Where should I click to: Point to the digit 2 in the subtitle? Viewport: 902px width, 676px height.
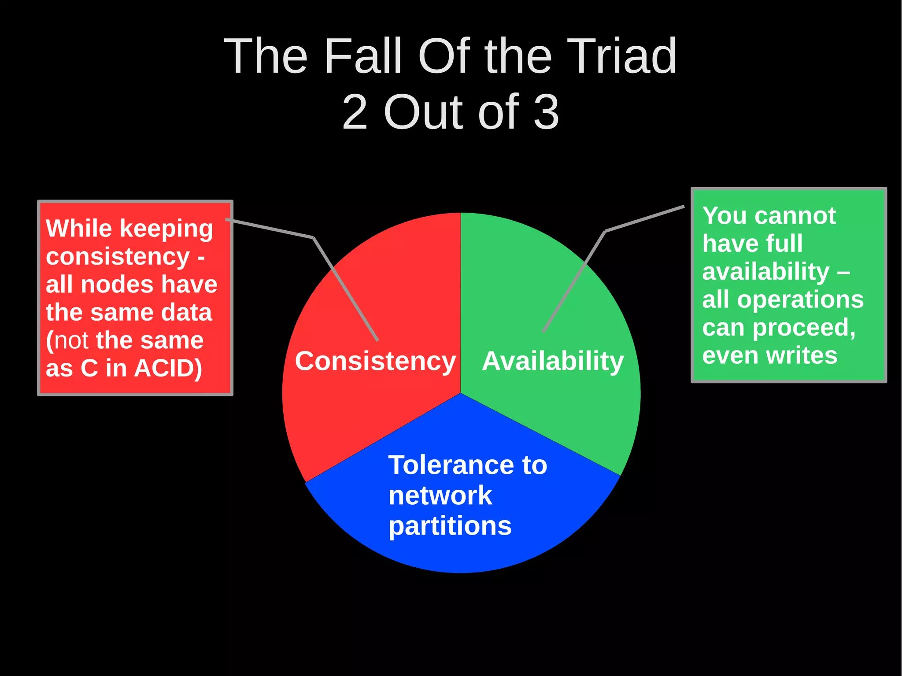point(355,113)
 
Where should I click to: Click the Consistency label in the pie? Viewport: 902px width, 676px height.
point(375,361)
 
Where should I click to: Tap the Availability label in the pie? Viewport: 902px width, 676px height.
point(553,361)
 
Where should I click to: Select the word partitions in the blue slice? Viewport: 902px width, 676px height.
point(450,526)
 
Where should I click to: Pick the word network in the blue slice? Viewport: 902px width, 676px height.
point(440,495)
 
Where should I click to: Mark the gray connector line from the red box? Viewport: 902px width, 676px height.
point(346,288)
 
